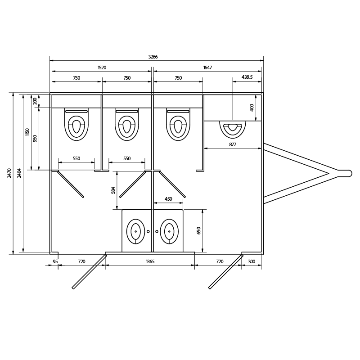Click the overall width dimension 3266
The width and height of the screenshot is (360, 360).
153,57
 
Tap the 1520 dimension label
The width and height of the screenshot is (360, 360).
102,67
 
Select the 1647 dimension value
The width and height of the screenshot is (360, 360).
207,67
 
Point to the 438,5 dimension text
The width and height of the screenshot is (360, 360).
247,77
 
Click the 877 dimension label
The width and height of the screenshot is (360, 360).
233,144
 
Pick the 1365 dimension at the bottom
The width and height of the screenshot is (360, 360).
150,261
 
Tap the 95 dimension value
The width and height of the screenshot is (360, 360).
55,261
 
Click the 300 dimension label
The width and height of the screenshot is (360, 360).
252,261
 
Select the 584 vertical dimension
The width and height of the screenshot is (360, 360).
113,190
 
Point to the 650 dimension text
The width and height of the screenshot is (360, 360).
199,230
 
